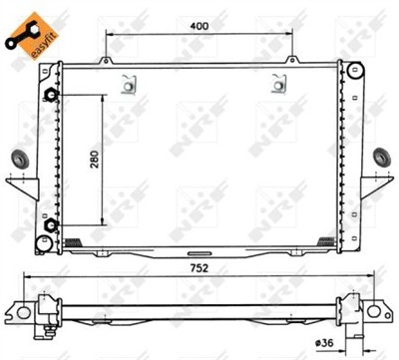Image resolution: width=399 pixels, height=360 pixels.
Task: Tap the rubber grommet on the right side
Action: coord(381,158)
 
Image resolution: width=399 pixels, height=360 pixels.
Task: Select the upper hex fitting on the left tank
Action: coord(52,96)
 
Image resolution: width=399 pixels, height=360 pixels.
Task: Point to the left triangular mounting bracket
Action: coord(18,187)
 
